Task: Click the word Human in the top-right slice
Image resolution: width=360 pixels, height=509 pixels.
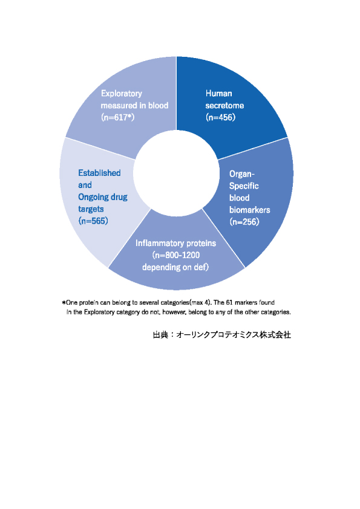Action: [x=218, y=94]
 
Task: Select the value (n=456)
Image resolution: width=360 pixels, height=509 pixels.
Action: [x=221, y=117]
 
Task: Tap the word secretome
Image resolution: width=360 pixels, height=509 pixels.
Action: [x=224, y=106]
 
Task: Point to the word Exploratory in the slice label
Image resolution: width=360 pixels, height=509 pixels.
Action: [x=122, y=94]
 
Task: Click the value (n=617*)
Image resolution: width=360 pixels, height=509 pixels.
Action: [x=117, y=117]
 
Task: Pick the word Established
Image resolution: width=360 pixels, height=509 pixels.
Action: [x=99, y=173]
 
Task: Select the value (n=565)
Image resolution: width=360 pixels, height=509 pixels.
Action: [x=93, y=221]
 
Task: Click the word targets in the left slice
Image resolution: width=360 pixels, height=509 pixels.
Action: [x=91, y=209]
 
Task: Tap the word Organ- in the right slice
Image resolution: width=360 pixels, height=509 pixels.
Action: [x=242, y=174]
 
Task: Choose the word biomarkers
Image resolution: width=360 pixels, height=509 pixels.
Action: [x=249, y=210]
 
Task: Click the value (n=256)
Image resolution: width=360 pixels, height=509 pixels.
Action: [x=244, y=222]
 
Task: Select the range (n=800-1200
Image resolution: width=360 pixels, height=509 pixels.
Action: [x=176, y=255]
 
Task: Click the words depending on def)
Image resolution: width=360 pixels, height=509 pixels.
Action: [x=175, y=267]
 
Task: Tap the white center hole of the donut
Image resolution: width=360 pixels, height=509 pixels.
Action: [x=177, y=173]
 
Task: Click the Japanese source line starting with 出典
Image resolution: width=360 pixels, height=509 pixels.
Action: [x=222, y=335]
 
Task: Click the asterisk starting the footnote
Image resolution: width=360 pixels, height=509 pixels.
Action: [x=64, y=302]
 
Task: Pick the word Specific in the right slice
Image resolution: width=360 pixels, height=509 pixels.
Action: [x=244, y=186]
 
